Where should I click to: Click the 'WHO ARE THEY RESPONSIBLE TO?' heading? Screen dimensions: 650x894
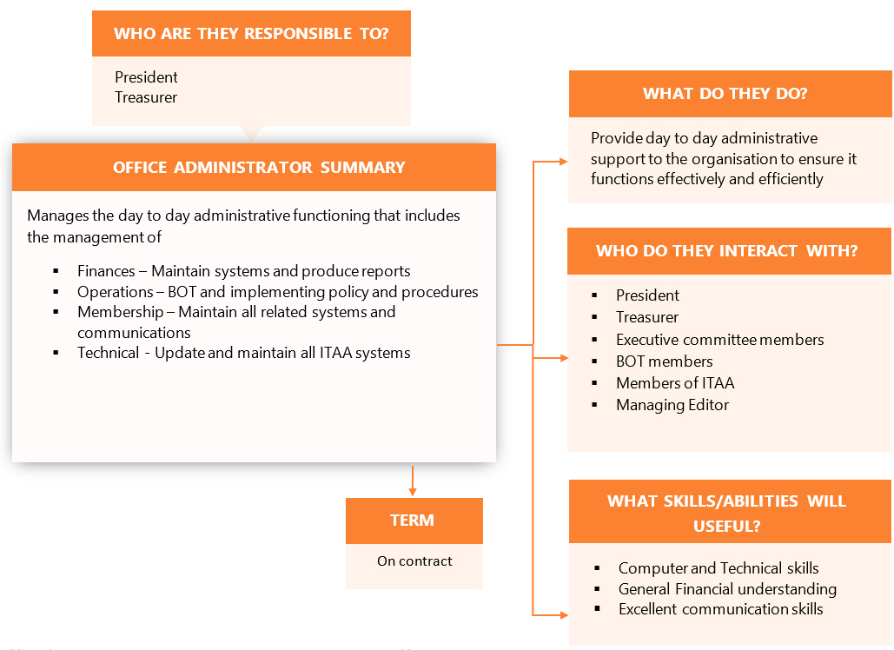251,34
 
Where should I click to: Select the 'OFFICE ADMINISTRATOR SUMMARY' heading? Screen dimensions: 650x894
259,168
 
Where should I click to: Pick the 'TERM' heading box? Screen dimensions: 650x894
413,521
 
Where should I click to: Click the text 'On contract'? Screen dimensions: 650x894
414,561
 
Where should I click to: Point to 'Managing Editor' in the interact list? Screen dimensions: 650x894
672,405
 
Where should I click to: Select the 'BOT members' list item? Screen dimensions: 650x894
664,361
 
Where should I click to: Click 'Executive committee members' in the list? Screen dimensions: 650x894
719,340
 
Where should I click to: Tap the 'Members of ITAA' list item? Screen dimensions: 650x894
675,383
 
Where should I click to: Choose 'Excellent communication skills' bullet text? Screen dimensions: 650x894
720,609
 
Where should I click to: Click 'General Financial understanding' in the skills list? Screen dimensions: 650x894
727,589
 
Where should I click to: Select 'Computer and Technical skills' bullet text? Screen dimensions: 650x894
719,568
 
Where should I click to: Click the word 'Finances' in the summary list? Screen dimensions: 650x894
105,271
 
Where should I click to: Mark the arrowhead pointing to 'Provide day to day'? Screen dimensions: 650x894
564,161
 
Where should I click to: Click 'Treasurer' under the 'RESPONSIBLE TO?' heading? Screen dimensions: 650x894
146,97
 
